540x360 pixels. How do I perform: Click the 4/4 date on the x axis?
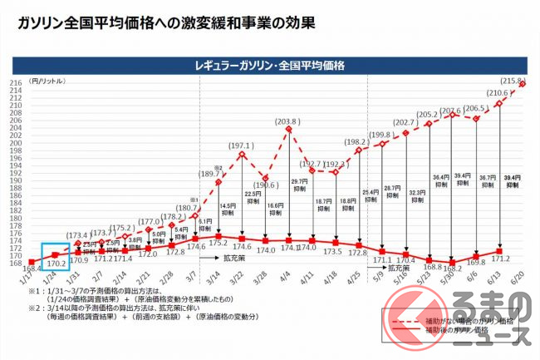coord(285,280)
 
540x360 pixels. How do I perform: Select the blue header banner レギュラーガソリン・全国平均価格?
coord(269,65)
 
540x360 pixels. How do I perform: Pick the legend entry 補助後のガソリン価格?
coord(464,329)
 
